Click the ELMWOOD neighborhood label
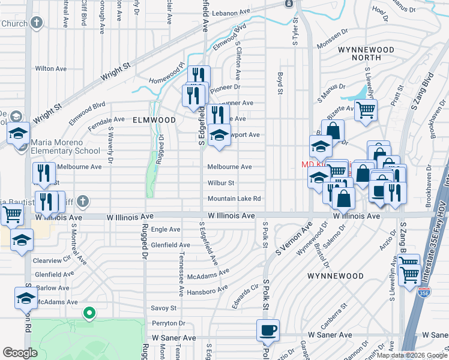pyautogui.click(x=154, y=120)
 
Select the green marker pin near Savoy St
pyautogui.click(x=89, y=313)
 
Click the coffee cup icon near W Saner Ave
pyautogui.click(x=268, y=329)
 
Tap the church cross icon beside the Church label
pyautogui.click(x=37, y=23)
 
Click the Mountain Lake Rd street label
pyautogui.click(x=234, y=199)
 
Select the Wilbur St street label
pyautogui.click(x=220, y=183)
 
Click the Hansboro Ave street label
pyautogui.click(x=208, y=292)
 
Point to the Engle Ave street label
pyautogui.click(x=166, y=230)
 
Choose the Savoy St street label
pyautogui.click(x=164, y=308)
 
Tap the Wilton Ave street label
pyautogui.click(x=50, y=69)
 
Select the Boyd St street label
pyautogui.click(x=280, y=83)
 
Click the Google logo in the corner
pyautogui.click(x=20, y=353)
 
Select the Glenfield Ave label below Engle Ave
pyautogui.click(x=170, y=245)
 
